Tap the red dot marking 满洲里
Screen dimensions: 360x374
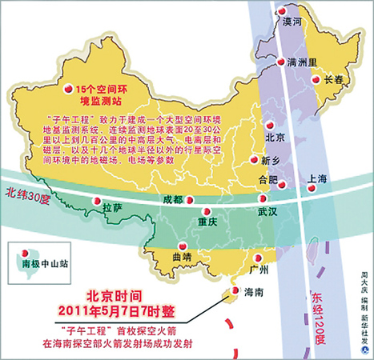point(280,62)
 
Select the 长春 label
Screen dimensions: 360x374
point(334,79)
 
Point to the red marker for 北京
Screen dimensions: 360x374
point(270,126)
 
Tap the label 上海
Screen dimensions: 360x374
point(318,179)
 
